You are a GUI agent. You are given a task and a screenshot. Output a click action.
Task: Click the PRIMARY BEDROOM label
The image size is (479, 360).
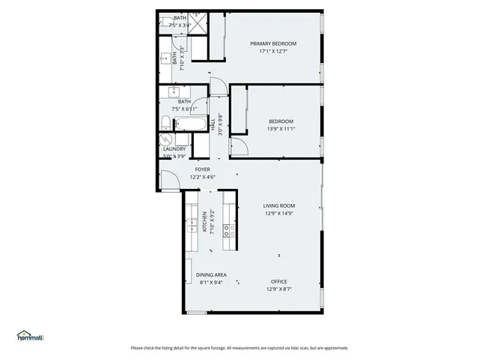click(x=273, y=43)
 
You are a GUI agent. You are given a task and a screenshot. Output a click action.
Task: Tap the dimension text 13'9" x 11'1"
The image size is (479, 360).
click(x=281, y=129)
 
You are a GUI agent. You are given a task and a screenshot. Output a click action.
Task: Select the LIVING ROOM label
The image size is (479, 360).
click(x=279, y=205)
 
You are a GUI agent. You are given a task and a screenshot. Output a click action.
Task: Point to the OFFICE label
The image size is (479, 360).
click(x=279, y=282)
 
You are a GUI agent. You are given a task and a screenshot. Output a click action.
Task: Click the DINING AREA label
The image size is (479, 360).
click(x=211, y=275)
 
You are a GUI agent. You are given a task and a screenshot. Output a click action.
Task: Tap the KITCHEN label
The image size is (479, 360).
click(x=204, y=223)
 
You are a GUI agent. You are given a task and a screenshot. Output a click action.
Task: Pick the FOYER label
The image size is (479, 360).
click(x=203, y=169)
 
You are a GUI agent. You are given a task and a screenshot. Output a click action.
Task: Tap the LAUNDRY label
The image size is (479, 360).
click(x=174, y=149)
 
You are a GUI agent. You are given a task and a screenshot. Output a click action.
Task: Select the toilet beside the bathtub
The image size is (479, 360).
click(x=167, y=122)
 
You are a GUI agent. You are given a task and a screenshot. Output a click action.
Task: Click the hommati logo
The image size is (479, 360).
click(x=31, y=335)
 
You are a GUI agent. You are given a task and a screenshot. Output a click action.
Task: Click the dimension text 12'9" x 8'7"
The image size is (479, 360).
click(x=279, y=289)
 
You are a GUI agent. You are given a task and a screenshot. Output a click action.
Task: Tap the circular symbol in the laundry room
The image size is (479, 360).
click(x=165, y=139)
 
